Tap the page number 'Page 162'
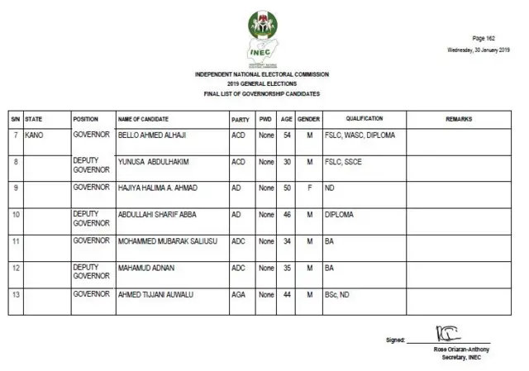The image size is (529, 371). pos(484,39)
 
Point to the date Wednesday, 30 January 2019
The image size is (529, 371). pos(478,50)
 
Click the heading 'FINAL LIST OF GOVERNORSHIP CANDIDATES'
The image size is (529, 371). pos(261,94)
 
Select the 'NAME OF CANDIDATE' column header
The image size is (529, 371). pos(143,119)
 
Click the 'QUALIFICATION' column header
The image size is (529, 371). pos(364,119)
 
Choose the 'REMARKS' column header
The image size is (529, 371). pos(459,119)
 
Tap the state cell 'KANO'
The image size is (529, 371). pos(35,134)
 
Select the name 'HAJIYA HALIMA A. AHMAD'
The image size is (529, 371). pos(158,188)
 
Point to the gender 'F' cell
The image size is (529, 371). pos(308,188)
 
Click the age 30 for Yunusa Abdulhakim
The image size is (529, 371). pos(287,162)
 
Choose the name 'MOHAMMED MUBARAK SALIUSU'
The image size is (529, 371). pos(164,241)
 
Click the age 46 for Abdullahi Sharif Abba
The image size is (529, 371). pos(287,215)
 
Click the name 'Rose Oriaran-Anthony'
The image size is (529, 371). pos(460,349)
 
